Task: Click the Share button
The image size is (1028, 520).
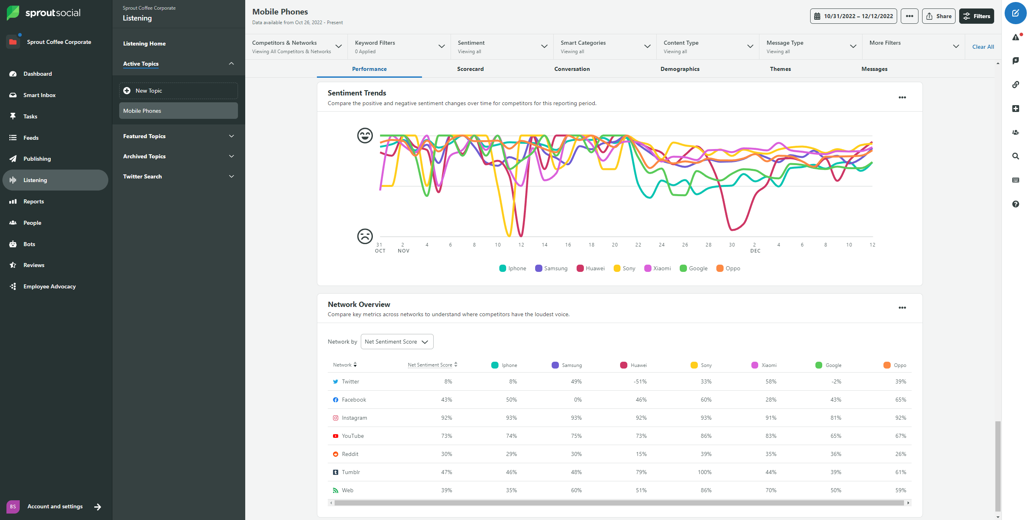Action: tap(938, 16)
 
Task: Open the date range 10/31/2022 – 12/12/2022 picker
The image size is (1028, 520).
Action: tap(853, 16)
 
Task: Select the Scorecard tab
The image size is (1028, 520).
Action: tap(470, 69)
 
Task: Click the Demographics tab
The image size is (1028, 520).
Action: tap(679, 69)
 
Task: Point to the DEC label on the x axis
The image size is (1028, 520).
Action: tap(755, 251)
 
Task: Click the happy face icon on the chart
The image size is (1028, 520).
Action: tap(365, 135)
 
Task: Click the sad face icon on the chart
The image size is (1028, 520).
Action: tap(365, 236)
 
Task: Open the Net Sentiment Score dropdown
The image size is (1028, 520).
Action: tap(397, 342)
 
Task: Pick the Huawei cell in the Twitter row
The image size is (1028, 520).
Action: tap(640, 381)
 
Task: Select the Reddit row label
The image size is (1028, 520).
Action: tap(350, 454)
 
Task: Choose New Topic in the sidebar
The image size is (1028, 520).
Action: tap(178, 91)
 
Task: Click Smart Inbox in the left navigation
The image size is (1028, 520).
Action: tap(39, 95)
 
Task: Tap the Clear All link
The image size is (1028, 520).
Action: tap(982, 47)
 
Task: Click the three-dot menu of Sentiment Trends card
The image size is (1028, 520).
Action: tap(902, 97)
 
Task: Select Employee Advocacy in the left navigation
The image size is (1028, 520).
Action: tap(49, 286)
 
